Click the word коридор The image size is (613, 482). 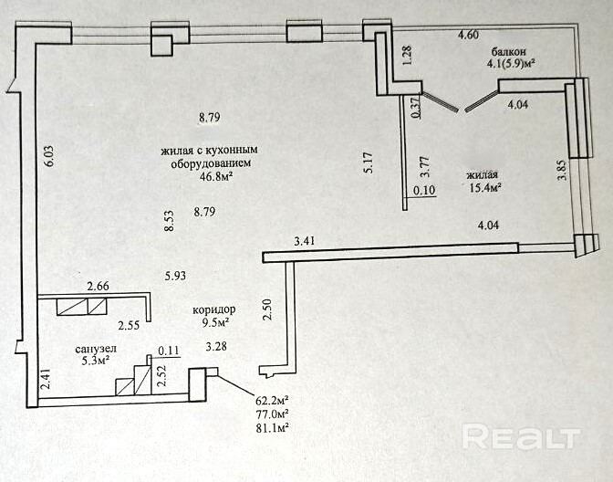(214, 309)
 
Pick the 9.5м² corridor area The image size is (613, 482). (214, 322)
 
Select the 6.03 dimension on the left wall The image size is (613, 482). (51, 157)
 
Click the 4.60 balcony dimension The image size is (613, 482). (468, 35)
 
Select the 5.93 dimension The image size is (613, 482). (176, 275)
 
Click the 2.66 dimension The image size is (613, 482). (98, 287)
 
